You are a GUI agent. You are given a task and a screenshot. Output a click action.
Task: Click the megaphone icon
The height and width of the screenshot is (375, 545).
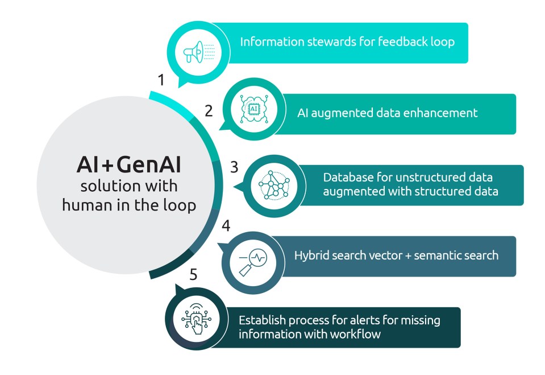pos(199,52)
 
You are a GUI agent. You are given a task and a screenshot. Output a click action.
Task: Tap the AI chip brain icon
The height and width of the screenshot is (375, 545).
pos(253,109)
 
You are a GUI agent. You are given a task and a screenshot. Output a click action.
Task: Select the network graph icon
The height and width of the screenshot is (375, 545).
pos(274,185)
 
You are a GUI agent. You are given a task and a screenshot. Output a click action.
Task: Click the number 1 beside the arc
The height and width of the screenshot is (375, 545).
pos(161,80)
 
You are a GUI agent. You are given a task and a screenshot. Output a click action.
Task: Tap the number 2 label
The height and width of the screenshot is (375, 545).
pos(209,111)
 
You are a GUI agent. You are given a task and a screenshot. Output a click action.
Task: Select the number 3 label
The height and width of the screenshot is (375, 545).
pos(234,167)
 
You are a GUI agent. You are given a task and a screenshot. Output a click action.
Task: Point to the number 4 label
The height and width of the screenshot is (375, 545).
pos(226,226)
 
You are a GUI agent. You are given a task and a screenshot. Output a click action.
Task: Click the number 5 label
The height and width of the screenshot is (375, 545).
pos(194,274)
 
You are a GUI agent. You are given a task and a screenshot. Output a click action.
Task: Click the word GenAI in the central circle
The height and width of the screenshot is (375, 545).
pos(149,164)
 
